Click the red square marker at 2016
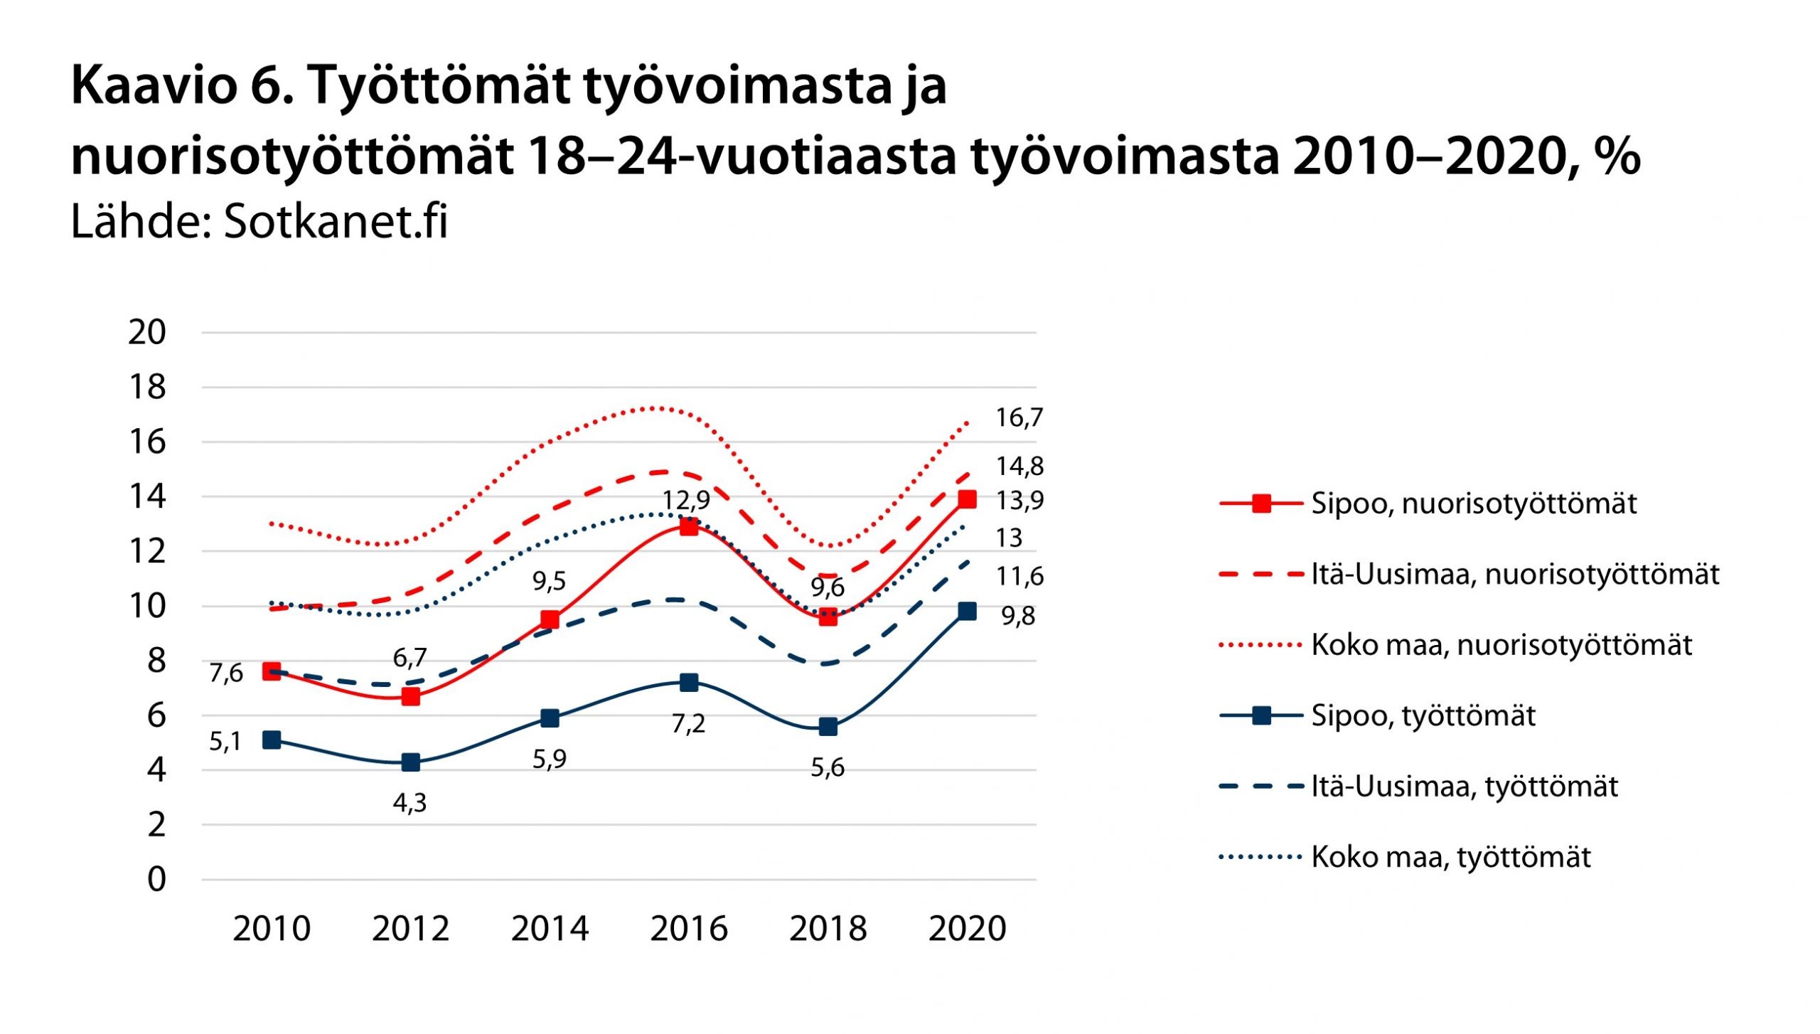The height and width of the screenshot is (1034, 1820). [x=688, y=527]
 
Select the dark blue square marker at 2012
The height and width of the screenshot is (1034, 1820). [x=410, y=762]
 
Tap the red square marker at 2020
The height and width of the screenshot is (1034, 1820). [x=967, y=499]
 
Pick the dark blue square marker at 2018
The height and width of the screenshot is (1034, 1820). [x=828, y=727]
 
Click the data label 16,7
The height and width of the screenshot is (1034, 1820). [x=1019, y=418]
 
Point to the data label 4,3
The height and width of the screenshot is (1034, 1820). [x=410, y=803]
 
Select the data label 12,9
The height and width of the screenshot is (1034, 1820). [x=686, y=500]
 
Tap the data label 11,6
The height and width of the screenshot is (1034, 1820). [x=1019, y=576]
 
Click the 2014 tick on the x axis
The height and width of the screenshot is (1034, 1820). [x=550, y=929]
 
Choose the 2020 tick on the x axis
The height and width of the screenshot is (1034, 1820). [x=967, y=929]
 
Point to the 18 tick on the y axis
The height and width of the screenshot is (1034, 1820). [x=147, y=388]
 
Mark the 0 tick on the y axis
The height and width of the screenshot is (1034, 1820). [x=156, y=880]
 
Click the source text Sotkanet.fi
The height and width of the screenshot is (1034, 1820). [x=336, y=221]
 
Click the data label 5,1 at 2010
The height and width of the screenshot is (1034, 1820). [x=225, y=742]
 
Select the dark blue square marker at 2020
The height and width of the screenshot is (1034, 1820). [x=967, y=611]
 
